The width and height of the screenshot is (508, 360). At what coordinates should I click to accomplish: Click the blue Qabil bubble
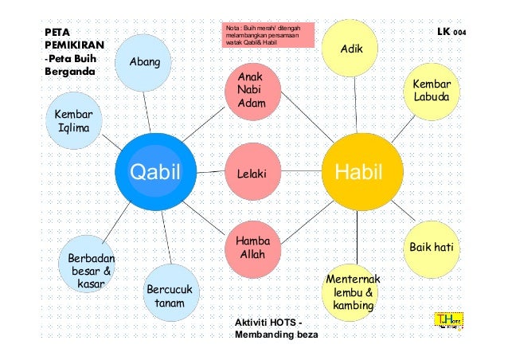pyautogui.click(x=156, y=172)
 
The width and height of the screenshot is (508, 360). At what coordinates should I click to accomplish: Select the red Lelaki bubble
pyautogui.click(x=255, y=173)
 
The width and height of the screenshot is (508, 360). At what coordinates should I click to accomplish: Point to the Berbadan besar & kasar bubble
pyautogui.click(x=91, y=266)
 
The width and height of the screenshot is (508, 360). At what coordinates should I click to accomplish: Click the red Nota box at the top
pyautogui.click(x=269, y=36)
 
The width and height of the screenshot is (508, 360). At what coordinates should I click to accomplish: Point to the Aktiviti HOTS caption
pyautogui.click(x=269, y=328)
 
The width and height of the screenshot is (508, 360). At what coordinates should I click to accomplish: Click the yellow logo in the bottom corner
pyautogui.click(x=447, y=321)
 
